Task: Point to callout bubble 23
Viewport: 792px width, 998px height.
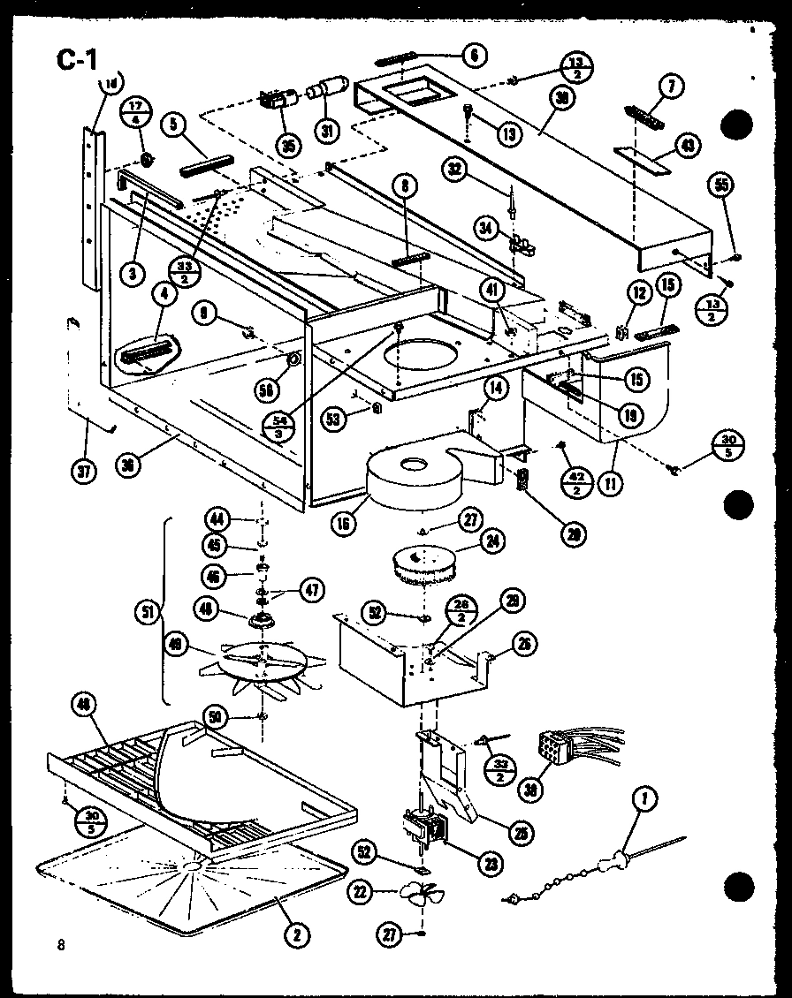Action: [x=485, y=866]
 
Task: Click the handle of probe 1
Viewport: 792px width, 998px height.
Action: [x=608, y=861]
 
